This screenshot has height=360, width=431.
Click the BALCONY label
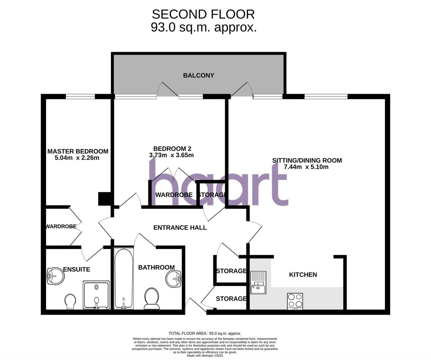point(198,75)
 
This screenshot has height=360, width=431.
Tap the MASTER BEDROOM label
point(78,151)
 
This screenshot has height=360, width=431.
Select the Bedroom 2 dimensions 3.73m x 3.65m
point(171,155)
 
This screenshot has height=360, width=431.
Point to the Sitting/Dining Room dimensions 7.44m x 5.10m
point(306,167)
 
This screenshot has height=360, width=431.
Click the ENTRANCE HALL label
point(180,227)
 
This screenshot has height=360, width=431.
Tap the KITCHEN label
point(303,274)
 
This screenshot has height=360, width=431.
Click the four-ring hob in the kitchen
point(295,301)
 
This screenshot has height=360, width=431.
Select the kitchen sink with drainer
point(258,282)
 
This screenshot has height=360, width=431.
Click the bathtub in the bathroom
point(124,278)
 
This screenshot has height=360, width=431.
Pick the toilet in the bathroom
point(152,298)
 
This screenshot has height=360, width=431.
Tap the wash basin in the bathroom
point(174,278)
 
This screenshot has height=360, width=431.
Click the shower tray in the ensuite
point(96,295)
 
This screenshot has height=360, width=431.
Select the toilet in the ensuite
point(70,301)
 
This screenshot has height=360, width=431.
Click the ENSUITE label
point(77,269)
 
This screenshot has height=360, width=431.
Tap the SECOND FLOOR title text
point(203,14)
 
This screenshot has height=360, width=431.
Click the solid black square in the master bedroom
point(104,199)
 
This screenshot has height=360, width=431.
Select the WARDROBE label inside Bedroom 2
point(174,195)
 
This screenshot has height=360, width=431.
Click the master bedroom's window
point(80,96)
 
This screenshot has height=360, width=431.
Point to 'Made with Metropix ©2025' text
point(205,356)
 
